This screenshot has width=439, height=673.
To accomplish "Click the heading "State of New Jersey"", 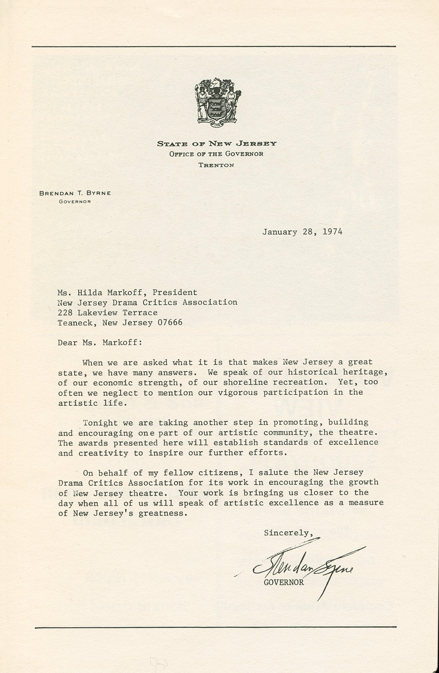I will pos(217,144).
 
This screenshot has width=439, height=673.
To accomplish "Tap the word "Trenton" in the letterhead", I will pos(216,165).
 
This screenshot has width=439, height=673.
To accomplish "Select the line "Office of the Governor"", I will pos(216,154).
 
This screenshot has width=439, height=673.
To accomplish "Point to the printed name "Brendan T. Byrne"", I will pos(75,193).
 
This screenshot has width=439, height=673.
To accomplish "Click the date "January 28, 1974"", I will pos(302,232).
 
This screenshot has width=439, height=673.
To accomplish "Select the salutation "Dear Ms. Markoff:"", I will pos(100,342).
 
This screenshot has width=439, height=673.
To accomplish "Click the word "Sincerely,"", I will pos(288,533).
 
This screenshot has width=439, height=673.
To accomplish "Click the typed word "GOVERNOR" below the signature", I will pos(284,582).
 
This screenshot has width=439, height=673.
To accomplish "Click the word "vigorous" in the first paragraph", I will pos(238,392).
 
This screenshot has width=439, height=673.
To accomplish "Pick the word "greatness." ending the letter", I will pos(163,513).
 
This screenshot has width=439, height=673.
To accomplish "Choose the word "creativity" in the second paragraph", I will pos(103,453).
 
